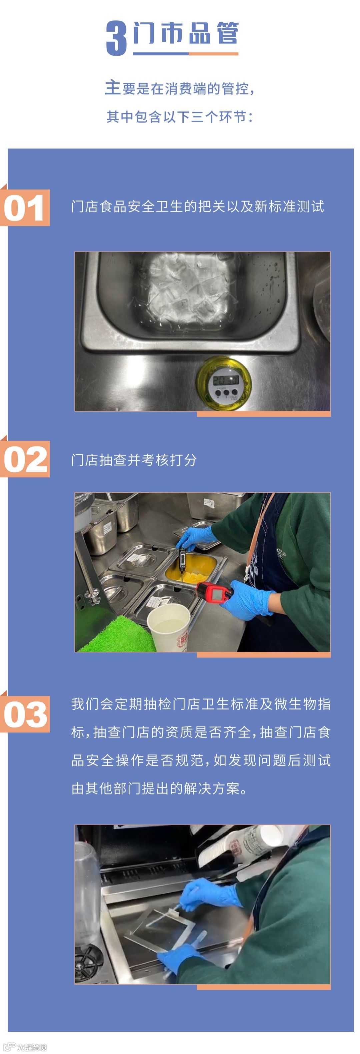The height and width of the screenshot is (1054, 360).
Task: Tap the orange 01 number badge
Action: [x=25, y=207]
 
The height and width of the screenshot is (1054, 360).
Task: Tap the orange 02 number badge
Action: [x=25, y=459]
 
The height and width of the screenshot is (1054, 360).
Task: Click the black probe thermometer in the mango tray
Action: [x=182, y=559]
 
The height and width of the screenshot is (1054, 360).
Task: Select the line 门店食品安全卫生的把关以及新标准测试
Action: [x=198, y=206]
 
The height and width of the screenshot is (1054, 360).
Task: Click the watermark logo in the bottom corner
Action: [x=25, y=1047]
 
